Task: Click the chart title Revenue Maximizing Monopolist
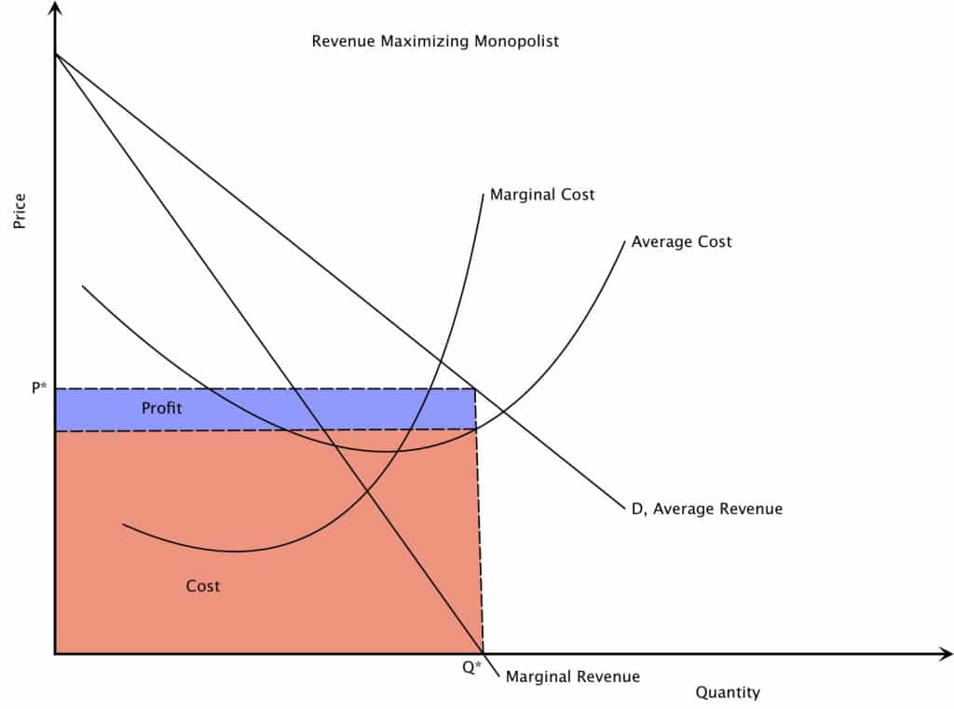click(435, 41)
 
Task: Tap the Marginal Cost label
click(542, 195)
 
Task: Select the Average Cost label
click(681, 241)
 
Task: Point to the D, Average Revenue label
click(706, 509)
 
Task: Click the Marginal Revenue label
click(572, 676)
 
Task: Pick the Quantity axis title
click(728, 692)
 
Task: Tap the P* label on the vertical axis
click(38, 388)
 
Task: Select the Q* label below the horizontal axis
click(471, 667)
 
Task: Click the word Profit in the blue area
click(161, 408)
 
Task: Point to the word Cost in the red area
click(203, 586)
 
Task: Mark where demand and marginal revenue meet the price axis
click(56, 54)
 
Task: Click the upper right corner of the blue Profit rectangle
click(475, 389)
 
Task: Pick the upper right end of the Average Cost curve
click(624, 242)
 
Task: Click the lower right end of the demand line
click(620, 509)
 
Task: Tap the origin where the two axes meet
click(56, 654)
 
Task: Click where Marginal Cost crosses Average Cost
click(399, 451)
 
